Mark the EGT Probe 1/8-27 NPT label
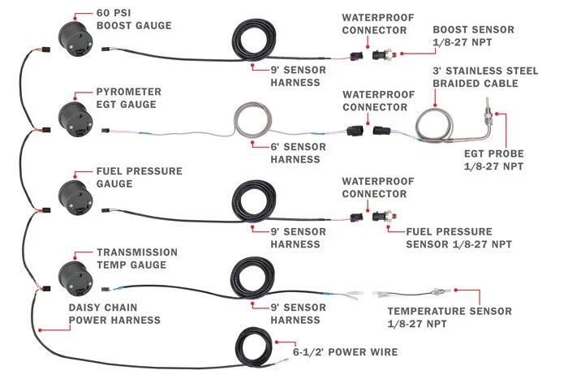coord(494,159)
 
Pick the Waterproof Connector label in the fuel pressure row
coord(373,187)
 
